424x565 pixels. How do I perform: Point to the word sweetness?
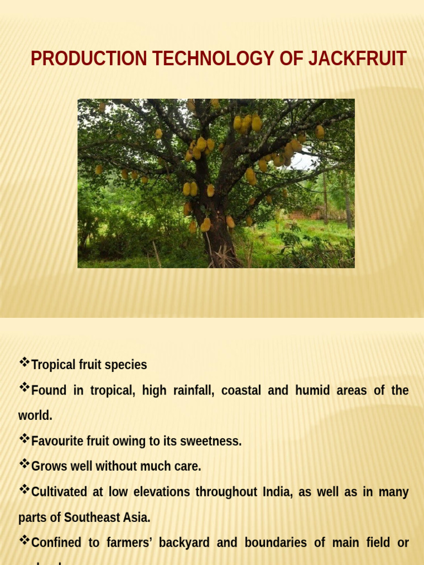pos(212,441)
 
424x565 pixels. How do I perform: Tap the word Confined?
pos(56,542)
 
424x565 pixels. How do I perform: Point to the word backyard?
pos(184,542)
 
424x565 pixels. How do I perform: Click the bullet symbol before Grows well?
pos(24,464)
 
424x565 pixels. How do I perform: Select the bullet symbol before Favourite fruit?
pos(24,439)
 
